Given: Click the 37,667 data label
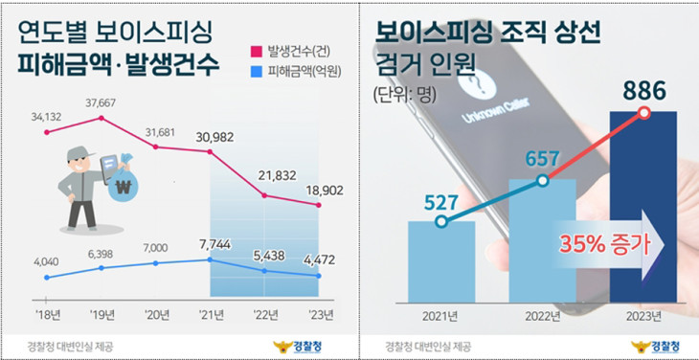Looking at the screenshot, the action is (x=101, y=103).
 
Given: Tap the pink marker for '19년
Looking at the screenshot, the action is (x=101, y=118).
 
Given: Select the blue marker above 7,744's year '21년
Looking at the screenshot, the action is (x=210, y=259).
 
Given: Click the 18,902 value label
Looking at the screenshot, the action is (x=325, y=191).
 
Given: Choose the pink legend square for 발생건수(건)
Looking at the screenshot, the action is (x=256, y=52).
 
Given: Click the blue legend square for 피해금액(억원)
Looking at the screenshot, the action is (x=256, y=71).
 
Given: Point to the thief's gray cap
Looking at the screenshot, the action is (x=80, y=154).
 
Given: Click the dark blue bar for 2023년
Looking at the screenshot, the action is (x=643, y=207).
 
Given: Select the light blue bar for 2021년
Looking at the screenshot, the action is (x=441, y=262).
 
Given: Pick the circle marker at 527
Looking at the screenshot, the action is (x=440, y=221).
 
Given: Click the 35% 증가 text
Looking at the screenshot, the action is (x=605, y=244).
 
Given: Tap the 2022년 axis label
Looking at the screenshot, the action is (x=542, y=317).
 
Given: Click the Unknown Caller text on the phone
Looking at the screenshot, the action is (x=495, y=111).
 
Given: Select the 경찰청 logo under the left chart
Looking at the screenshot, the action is (x=298, y=346).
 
